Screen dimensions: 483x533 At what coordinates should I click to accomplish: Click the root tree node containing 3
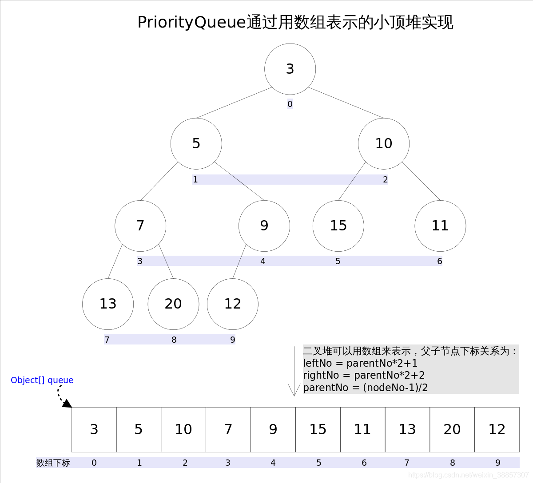(290, 69)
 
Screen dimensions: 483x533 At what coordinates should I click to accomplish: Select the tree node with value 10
(384, 143)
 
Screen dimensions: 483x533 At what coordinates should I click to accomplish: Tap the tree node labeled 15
(338, 226)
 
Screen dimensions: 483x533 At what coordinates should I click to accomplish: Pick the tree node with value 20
(173, 304)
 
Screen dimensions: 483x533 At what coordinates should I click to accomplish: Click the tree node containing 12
(233, 304)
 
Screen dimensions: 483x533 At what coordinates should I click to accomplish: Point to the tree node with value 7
(140, 226)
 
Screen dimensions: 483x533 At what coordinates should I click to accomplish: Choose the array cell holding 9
(273, 429)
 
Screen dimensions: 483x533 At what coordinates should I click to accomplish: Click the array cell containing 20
(452, 429)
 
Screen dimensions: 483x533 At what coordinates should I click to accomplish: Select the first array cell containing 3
(94, 429)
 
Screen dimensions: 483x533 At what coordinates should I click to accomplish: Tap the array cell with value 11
(362, 429)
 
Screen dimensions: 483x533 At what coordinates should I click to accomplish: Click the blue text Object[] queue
(42, 380)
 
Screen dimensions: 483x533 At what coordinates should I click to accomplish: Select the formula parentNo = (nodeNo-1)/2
(365, 388)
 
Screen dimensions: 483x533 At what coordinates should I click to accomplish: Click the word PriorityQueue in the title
(191, 22)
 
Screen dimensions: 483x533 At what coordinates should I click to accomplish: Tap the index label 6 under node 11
(440, 261)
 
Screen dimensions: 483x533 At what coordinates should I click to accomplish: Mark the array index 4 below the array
(273, 463)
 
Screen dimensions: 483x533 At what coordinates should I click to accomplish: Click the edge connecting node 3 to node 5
(234, 103)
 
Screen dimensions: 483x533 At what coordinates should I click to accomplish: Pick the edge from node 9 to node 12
(239, 261)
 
